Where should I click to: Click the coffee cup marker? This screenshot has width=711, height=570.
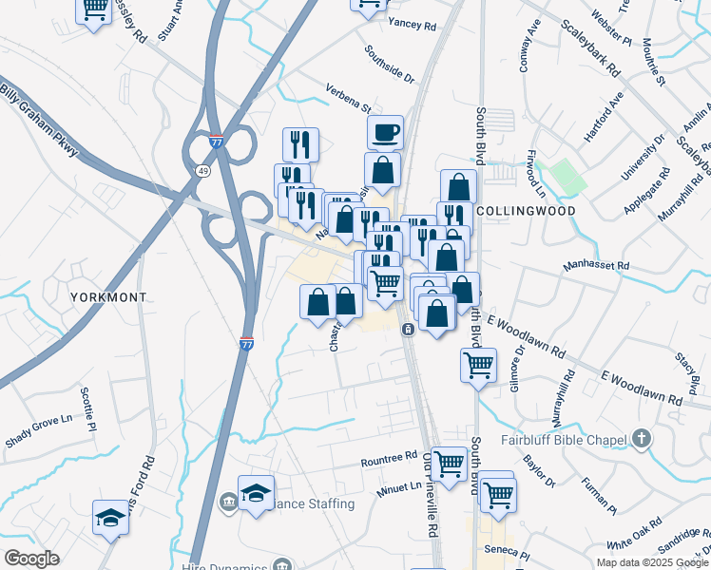[385, 132]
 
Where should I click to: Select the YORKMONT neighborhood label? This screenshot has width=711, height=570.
[109, 297]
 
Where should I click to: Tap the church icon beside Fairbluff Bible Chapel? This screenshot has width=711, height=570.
[643, 439]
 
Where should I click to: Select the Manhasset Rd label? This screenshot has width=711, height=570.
[596, 266]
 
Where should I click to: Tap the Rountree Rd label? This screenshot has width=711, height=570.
[389, 461]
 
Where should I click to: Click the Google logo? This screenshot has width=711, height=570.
[31, 559]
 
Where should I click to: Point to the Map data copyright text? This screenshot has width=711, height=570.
[652, 562]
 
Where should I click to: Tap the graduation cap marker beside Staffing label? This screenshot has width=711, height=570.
[256, 493]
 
